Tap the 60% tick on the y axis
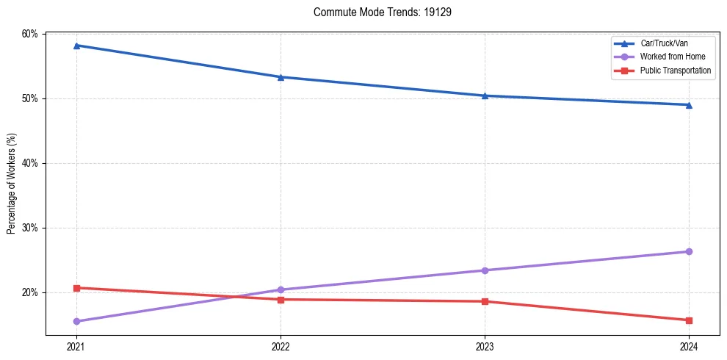29,34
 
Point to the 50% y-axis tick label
29,98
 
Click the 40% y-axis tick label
29,163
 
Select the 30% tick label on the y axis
29,228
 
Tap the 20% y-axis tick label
29,292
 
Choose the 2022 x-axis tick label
280,346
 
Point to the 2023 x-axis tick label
485,346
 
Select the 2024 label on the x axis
689,346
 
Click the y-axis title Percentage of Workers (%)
12,184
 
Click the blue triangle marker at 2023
485,96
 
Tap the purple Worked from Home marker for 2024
689,251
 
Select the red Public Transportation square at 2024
689,320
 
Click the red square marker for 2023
485,301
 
